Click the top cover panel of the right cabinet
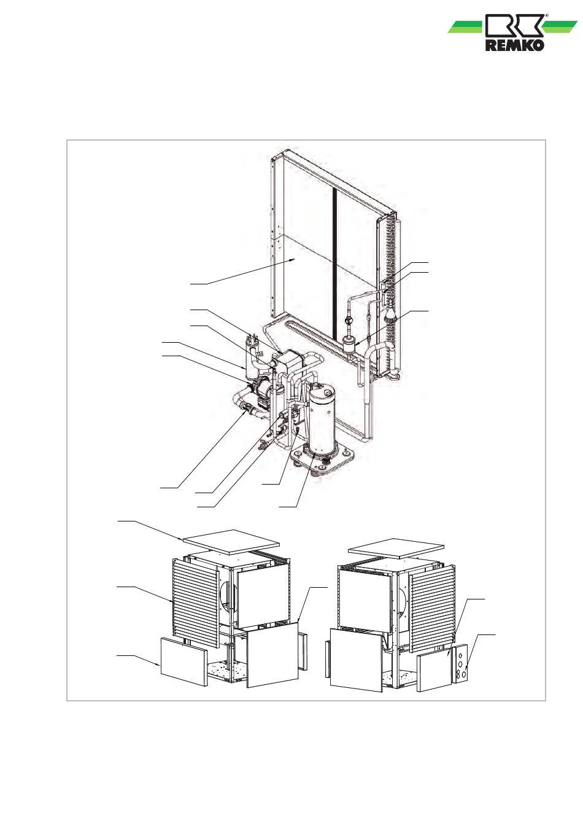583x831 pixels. [x=395, y=547]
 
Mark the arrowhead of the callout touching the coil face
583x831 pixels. [x=296, y=260]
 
